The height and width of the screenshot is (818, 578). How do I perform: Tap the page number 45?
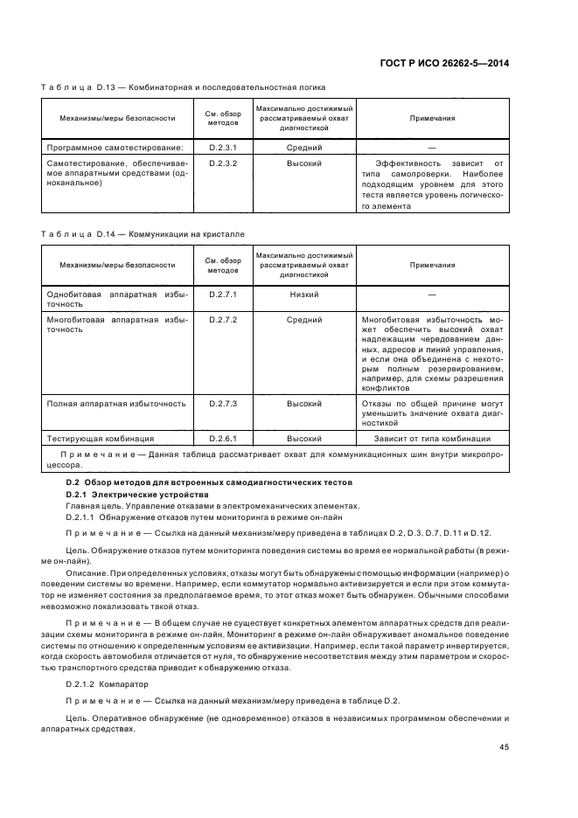click(505, 746)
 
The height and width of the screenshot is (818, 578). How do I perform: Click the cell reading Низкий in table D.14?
click(304, 295)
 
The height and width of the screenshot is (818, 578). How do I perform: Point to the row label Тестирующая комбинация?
click(101, 438)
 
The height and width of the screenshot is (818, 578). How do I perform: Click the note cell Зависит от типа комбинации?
click(432, 438)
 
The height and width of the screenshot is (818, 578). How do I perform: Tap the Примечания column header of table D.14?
click(432, 264)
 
